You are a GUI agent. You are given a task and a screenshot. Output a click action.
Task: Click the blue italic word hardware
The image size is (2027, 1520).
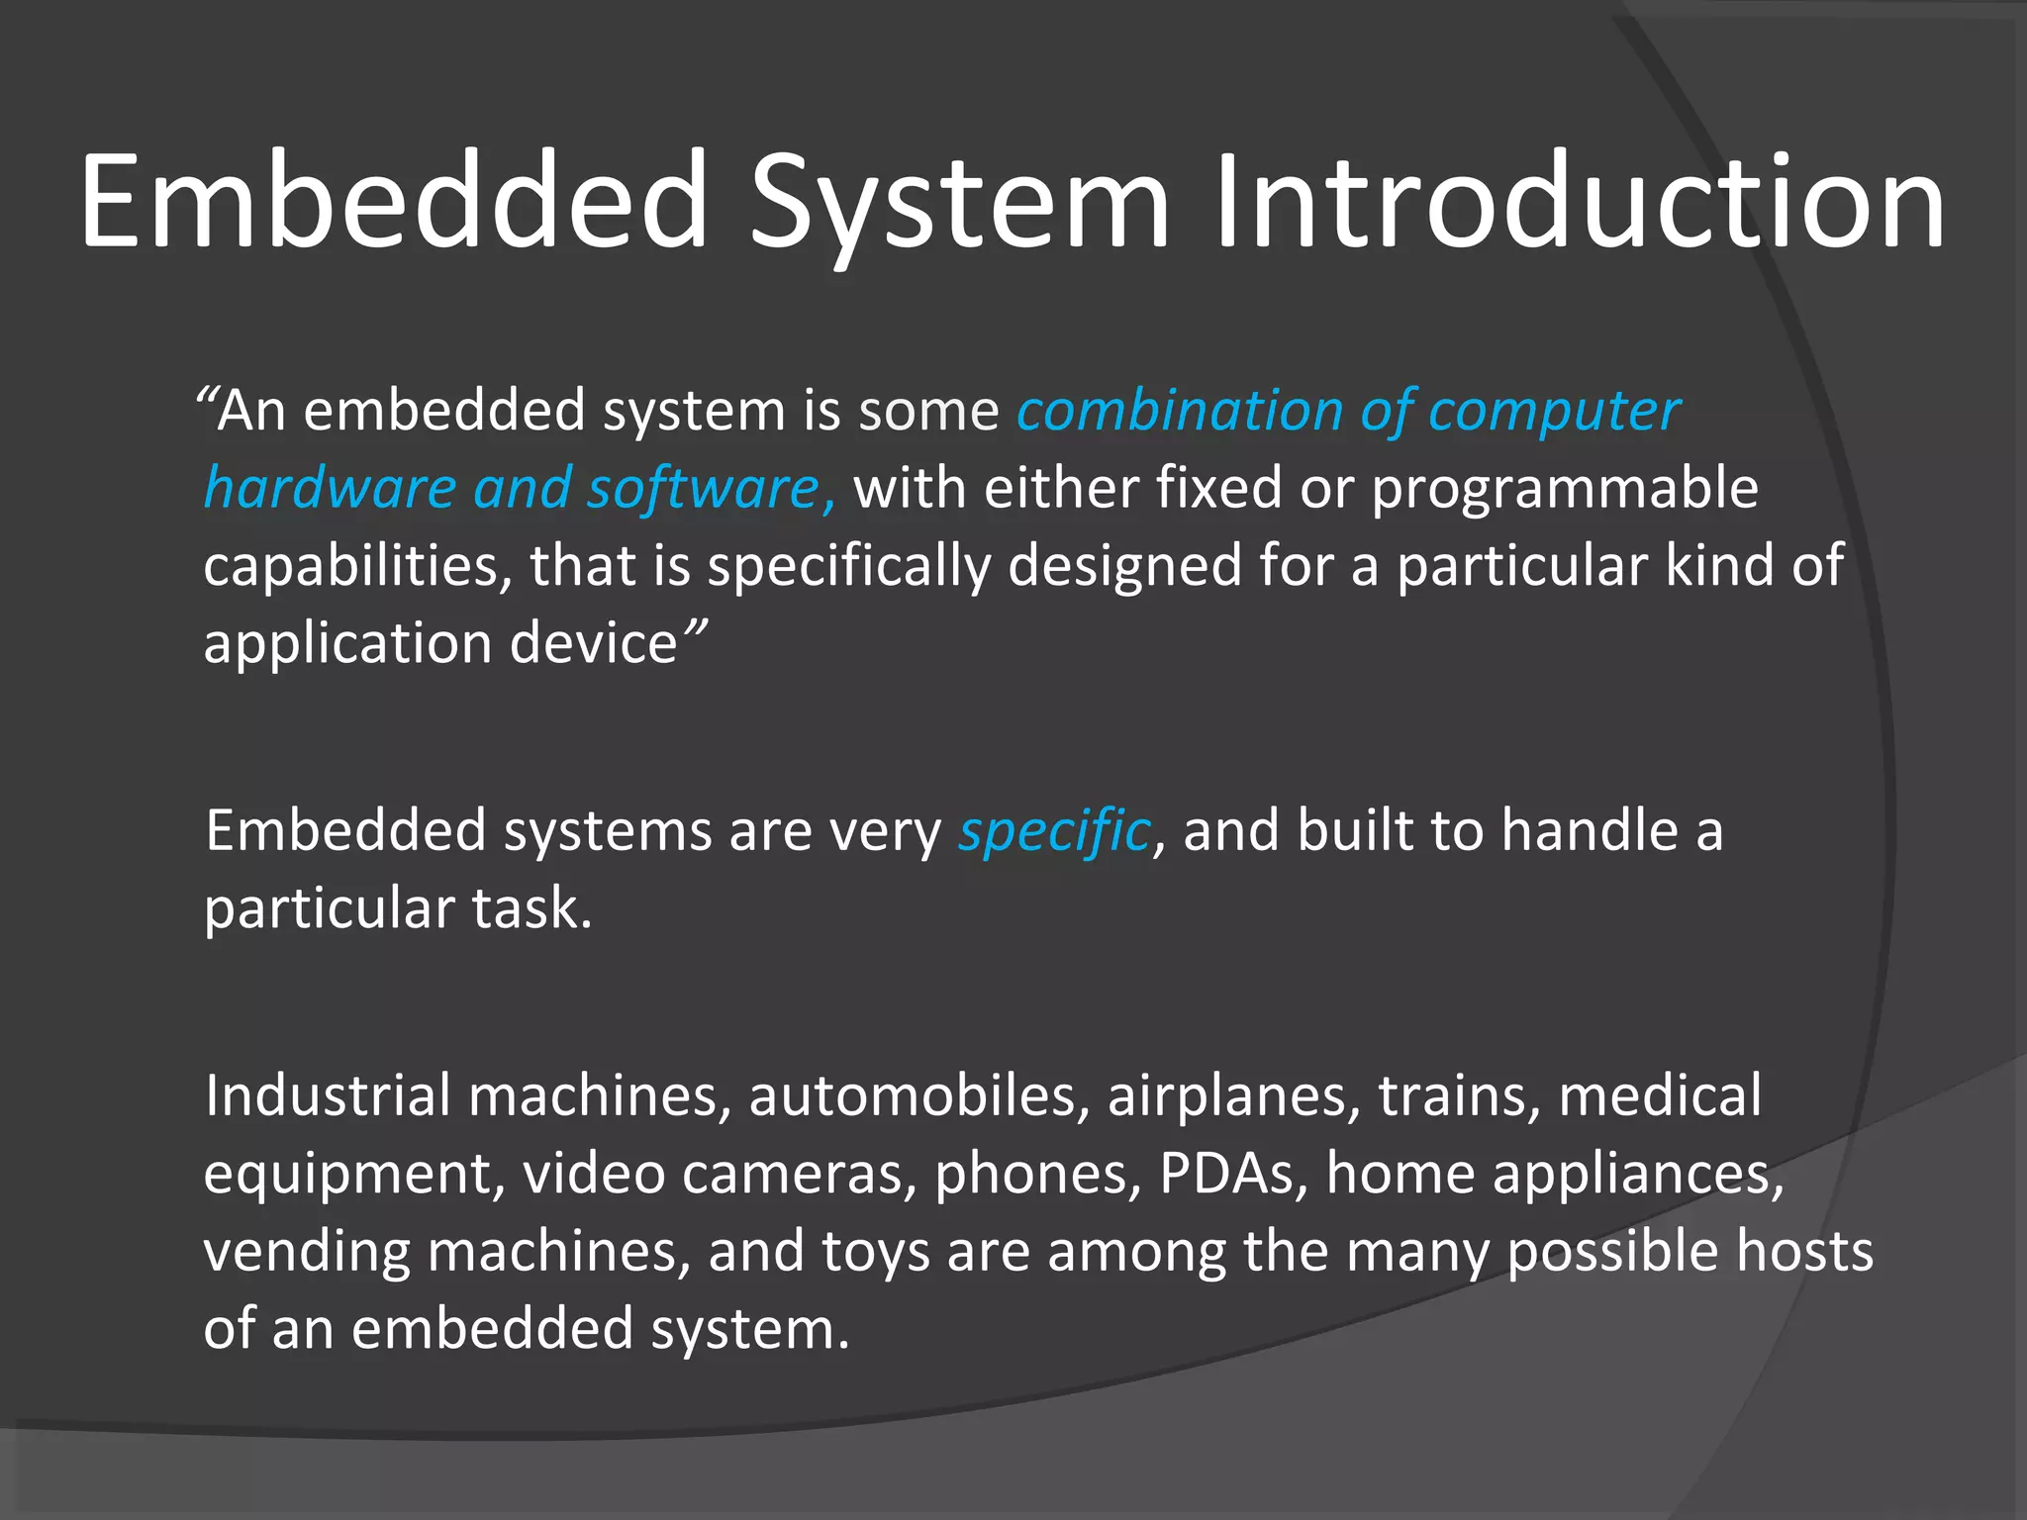330,489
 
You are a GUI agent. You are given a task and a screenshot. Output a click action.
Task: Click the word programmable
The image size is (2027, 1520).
1565,489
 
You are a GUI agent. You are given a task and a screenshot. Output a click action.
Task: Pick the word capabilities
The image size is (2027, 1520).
357,567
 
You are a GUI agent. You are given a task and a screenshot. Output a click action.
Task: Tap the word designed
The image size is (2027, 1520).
1124,567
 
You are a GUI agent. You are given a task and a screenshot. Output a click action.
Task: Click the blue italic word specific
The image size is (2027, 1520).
1053,831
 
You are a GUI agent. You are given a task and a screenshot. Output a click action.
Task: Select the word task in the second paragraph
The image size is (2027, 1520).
530,908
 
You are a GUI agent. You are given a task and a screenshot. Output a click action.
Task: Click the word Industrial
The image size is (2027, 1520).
328,1095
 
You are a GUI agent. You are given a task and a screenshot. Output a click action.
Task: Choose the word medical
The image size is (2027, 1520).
1660,1095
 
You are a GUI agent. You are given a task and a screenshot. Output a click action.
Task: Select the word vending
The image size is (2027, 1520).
306,1251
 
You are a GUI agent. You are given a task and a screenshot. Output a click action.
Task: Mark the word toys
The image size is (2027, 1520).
876,1251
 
